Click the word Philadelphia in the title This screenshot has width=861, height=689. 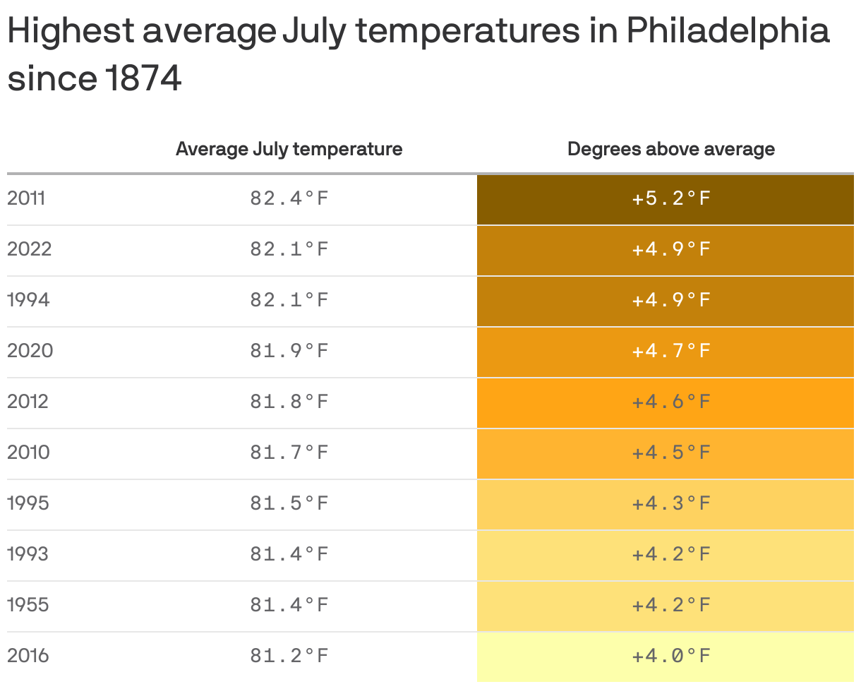(727, 32)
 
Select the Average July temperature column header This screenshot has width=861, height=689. (289, 149)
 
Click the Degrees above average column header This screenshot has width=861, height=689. (670, 149)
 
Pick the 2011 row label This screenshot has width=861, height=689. (26, 198)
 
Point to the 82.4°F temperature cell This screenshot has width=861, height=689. (289, 198)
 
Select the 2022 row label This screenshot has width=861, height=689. (30, 249)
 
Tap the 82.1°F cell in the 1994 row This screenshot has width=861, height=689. (289, 300)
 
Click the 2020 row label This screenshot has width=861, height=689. (30, 351)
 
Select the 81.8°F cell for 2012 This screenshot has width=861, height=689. (289, 402)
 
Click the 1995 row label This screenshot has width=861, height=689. (28, 503)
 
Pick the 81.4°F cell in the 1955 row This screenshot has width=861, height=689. (289, 605)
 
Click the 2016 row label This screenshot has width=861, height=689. (28, 656)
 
